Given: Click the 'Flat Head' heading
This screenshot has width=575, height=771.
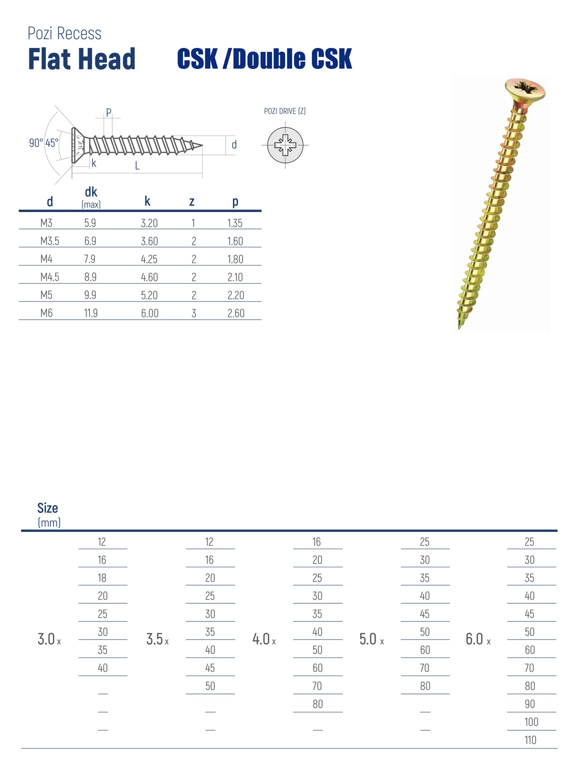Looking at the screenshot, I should [81, 59].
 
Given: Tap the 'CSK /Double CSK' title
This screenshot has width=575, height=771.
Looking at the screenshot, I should [264, 59].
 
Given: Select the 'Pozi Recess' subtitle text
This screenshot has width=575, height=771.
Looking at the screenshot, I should [64, 34].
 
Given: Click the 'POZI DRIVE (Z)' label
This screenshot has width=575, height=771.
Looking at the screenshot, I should [285, 111].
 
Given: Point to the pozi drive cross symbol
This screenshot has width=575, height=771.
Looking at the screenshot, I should [285, 145].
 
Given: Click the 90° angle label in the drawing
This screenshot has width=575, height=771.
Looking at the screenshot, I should [36, 143].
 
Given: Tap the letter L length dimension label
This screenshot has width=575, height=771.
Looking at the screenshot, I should [137, 166].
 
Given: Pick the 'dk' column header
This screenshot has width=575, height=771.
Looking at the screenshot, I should [91, 193].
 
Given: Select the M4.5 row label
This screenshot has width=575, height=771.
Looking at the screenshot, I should [50, 277].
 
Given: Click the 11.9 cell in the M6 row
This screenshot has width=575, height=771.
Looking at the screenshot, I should [91, 313].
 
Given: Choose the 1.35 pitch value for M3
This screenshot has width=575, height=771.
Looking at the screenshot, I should [235, 223].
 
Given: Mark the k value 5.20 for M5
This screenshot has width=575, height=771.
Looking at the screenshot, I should [149, 296].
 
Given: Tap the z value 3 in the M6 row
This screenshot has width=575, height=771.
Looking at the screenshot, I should [194, 313].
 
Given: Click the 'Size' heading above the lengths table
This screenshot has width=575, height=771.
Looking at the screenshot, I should [47, 508].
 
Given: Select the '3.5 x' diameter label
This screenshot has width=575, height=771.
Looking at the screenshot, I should [157, 639].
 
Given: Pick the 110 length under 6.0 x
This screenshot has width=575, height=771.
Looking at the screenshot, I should [530, 740].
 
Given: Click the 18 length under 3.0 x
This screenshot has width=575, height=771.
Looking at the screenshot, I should [102, 578].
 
